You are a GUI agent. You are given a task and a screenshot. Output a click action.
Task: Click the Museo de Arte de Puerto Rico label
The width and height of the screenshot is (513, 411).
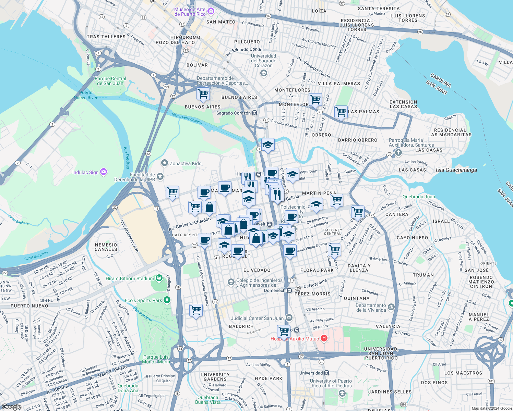[x=190, y=12]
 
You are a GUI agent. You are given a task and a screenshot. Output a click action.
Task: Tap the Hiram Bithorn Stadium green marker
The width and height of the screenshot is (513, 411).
[x=159, y=278]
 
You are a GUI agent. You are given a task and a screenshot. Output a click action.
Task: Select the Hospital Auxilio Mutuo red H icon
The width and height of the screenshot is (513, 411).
[x=324, y=338]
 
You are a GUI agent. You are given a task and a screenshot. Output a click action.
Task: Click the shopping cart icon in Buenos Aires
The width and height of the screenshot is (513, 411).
[x=203, y=94]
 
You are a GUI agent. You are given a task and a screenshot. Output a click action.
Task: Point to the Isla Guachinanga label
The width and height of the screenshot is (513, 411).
[x=456, y=170]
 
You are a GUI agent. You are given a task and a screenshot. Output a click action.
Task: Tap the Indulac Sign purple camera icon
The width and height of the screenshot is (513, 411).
[x=104, y=172]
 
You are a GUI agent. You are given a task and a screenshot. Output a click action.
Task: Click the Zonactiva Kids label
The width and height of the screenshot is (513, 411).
[x=185, y=163]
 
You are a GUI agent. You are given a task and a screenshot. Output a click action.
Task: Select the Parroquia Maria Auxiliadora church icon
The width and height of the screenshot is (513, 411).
[x=398, y=152]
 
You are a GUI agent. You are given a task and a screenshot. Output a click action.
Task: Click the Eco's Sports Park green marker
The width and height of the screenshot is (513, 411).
[x=167, y=300]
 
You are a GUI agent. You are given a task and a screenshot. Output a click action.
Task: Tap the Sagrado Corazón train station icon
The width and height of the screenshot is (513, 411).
[x=255, y=113]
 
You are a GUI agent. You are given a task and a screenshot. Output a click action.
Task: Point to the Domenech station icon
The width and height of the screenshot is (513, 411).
[x=289, y=290]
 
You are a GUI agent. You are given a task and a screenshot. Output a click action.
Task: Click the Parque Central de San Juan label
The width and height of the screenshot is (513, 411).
[x=110, y=81]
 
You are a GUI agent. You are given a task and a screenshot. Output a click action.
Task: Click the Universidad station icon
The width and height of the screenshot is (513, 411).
[x=326, y=373]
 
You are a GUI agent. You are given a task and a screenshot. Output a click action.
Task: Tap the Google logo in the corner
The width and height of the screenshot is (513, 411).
[x=11, y=407]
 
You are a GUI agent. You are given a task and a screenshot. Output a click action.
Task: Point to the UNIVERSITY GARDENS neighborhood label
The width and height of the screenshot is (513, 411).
[x=215, y=377]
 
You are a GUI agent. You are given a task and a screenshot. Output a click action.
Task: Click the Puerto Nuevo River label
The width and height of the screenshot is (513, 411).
[x=86, y=95]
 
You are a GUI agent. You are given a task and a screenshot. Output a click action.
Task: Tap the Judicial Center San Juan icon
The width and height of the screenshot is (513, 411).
[x=289, y=318]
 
